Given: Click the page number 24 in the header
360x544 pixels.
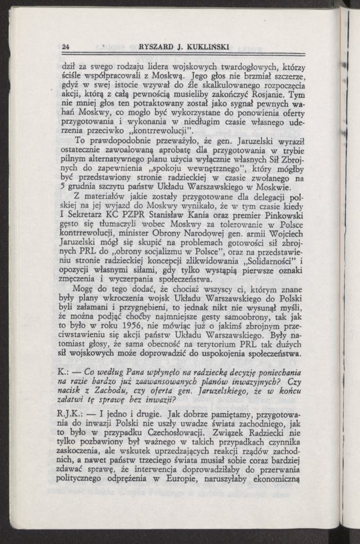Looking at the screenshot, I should (x=66, y=47).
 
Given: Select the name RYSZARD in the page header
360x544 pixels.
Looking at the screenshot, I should (x=155, y=47).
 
